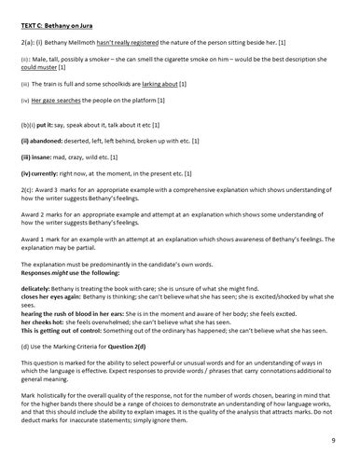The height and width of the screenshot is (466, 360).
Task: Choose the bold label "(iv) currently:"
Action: (x=42, y=171)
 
